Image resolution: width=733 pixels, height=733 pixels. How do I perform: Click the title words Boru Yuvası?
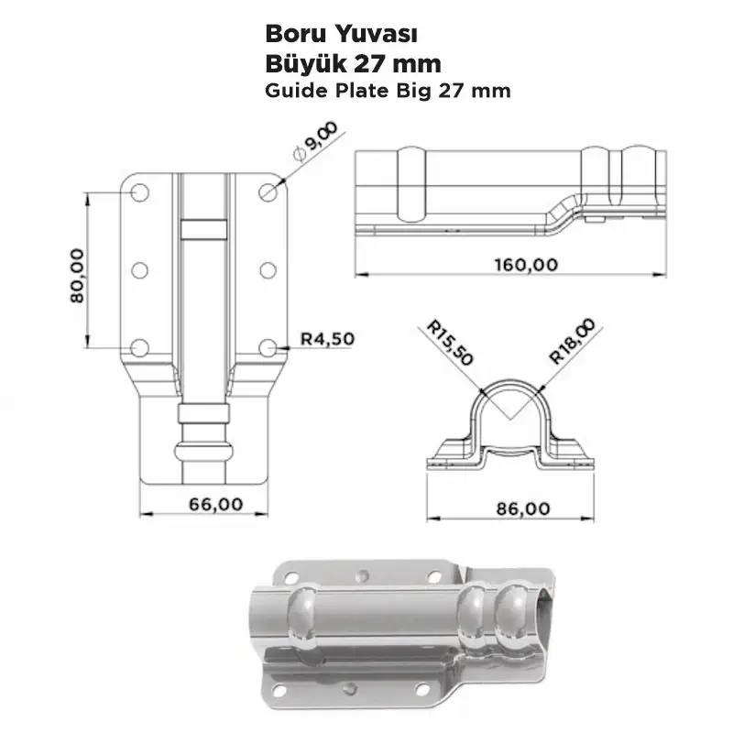[341, 35]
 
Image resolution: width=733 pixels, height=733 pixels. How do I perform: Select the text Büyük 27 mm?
[353, 64]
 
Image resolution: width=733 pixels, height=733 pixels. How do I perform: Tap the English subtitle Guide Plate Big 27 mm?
[388, 91]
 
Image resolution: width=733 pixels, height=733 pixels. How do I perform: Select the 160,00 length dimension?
[526, 265]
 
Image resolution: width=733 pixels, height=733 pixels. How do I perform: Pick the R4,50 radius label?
[327, 338]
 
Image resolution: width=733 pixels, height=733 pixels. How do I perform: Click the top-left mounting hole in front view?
[140, 192]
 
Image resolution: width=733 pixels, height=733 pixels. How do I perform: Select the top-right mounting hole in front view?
[268, 192]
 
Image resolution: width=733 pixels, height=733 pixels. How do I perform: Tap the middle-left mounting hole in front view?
[140, 270]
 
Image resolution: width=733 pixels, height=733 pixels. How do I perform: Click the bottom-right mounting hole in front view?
[268, 347]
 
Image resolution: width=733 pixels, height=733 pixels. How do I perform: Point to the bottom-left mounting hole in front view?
[140, 347]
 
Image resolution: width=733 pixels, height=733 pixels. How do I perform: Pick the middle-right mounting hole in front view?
[268, 270]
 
